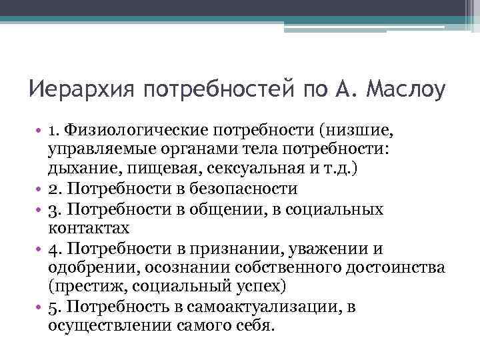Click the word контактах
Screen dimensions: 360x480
(89, 229)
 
